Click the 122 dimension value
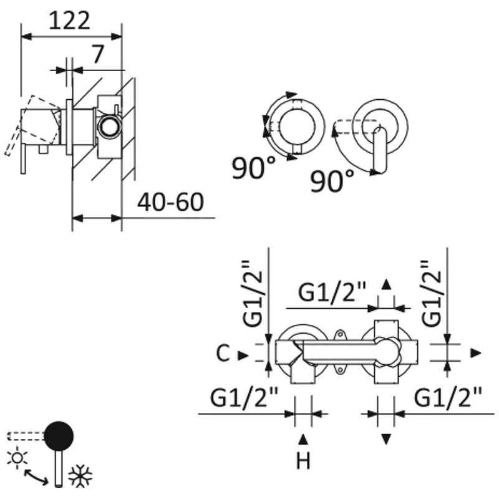[x=69, y=20]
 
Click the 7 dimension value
[x=98, y=55]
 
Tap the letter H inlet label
[x=303, y=461]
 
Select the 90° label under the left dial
[x=253, y=168]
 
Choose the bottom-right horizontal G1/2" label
[x=449, y=396]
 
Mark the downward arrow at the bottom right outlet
[x=387, y=438]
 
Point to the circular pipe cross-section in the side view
[x=110, y=128]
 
